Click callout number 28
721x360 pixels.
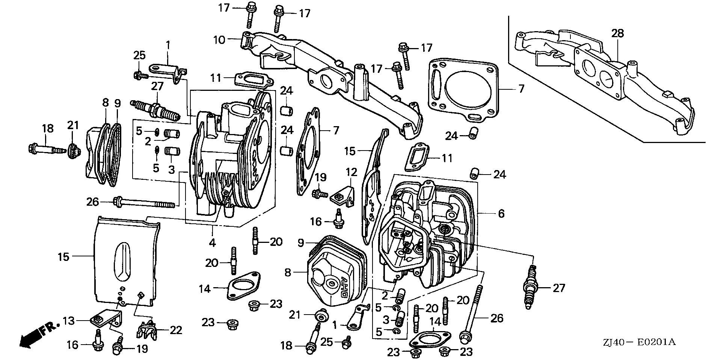[x=617, y=33]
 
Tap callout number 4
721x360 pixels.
[x=213, y=243]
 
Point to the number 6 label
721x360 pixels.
[x=501, y=214]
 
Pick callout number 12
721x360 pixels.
[x=351, y=173]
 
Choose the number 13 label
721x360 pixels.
[x=69, y=321]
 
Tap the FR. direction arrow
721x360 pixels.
[x=38, y=334]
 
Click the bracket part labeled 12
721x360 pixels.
[x=342, y=197]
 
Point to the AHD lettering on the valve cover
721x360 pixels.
[x=343, y=289]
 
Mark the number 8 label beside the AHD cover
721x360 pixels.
[x=288, y=273]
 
